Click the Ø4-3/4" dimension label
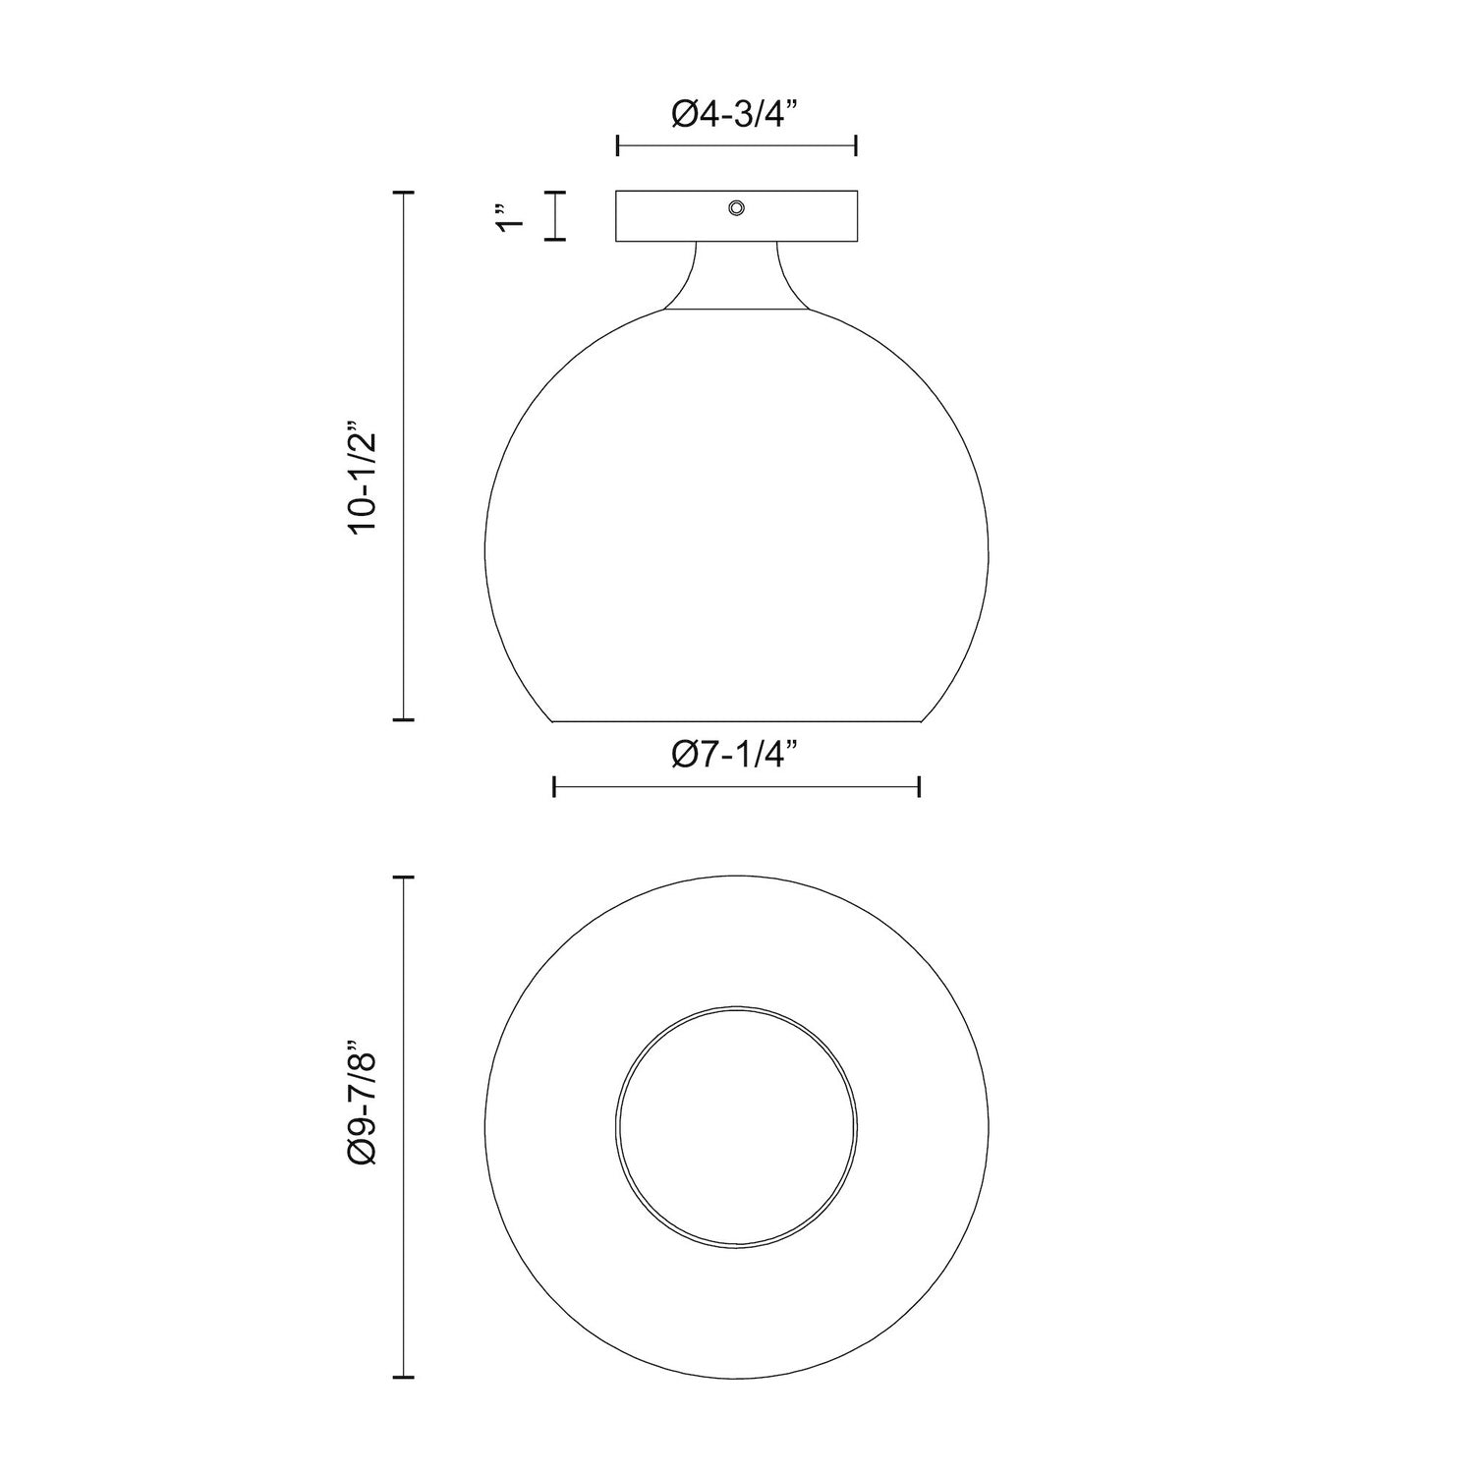[x=736, y=115]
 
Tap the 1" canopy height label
[x=507, y=217]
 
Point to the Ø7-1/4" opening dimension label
[x=736, y=756]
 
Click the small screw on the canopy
[x=736, y=206]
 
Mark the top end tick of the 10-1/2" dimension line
[x=404, y=193]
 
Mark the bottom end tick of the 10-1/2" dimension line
[x=404, y=719]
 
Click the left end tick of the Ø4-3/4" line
[x=617, y=146]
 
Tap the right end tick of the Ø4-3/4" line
[x=857, y=146]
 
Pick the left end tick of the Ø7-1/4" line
[x=555, y=786]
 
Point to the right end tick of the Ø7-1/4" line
[x=919, y=786]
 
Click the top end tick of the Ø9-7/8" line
[x=404, y=877]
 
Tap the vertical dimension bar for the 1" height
[x=557, y=215]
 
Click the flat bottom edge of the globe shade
[x=736, y=721]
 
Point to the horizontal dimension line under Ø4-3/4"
[x=736, y=146]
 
